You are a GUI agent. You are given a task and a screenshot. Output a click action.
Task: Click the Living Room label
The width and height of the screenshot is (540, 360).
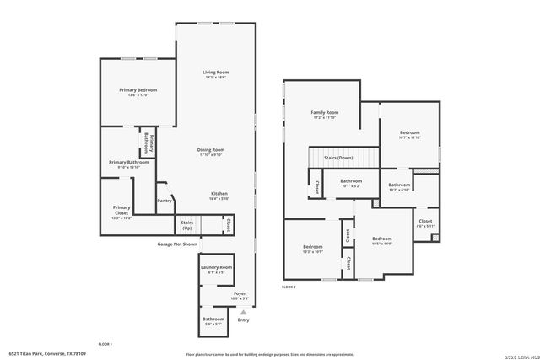215,74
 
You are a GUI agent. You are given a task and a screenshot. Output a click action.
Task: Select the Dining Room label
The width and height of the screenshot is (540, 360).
211,152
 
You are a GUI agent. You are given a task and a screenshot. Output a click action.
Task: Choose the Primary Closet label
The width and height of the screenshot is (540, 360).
121,209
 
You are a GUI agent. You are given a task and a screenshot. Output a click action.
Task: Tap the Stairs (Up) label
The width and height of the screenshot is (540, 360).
186,225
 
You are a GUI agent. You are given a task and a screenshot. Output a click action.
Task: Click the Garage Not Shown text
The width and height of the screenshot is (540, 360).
177,244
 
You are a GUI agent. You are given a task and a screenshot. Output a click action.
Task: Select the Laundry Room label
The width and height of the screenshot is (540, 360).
216,270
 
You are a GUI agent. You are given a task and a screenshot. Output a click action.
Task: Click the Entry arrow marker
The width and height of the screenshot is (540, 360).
244,313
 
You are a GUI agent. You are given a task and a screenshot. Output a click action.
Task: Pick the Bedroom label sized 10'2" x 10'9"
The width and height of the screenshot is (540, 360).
312,249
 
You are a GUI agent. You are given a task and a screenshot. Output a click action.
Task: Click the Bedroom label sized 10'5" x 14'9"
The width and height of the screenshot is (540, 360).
382,240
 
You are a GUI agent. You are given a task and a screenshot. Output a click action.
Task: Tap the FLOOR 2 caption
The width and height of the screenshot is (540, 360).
289,287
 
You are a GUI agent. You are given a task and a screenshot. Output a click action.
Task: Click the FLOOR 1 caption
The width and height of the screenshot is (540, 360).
105,344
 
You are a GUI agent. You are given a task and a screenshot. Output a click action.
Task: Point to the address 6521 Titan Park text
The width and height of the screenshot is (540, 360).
47,353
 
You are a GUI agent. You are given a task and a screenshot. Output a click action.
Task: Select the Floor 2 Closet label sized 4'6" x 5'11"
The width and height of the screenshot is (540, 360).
425,223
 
